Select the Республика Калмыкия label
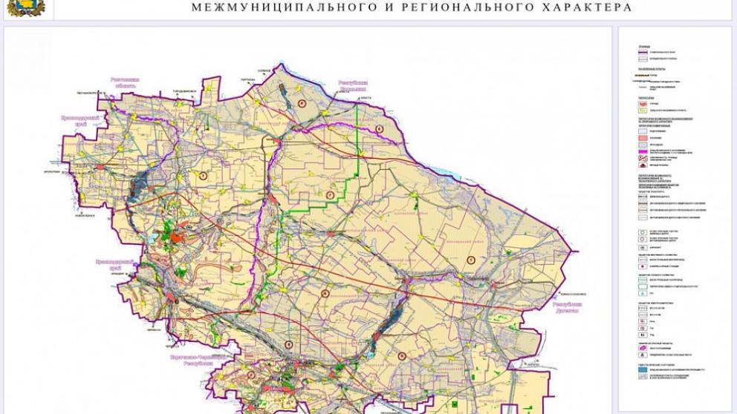point(354,87)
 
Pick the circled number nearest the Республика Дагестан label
point(470,259)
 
